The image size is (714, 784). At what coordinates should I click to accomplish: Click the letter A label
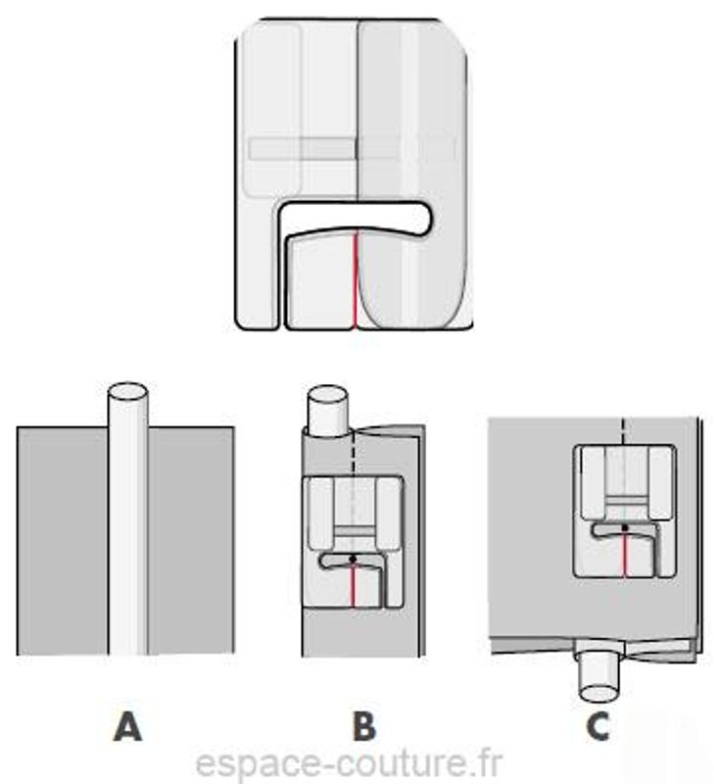point(128,726)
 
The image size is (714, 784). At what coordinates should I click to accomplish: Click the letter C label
point(597,726)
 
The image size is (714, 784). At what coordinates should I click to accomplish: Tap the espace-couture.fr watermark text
point(349,763)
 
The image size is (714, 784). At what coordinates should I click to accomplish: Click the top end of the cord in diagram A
point(128,391)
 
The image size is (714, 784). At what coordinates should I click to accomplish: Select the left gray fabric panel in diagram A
point(63,541)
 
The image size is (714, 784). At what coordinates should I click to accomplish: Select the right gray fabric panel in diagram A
point(191,541)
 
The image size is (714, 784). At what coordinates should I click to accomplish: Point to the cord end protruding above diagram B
point(327,410)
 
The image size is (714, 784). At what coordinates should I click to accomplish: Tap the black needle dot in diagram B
point(354,559)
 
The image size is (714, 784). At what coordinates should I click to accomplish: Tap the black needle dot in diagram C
point(625,527)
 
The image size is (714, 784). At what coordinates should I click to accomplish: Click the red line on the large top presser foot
point(355,281)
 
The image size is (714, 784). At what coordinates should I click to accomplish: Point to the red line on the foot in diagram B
point(354,585)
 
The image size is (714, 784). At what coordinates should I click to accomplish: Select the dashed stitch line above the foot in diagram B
point(354,453)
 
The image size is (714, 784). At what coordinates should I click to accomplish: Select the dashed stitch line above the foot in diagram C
point(623,430)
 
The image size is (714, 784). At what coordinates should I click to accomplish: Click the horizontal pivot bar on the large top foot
point(303,149)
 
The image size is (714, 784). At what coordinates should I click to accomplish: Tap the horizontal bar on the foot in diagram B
point(354,531)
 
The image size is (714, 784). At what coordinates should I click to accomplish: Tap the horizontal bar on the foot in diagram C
point(625,501)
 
